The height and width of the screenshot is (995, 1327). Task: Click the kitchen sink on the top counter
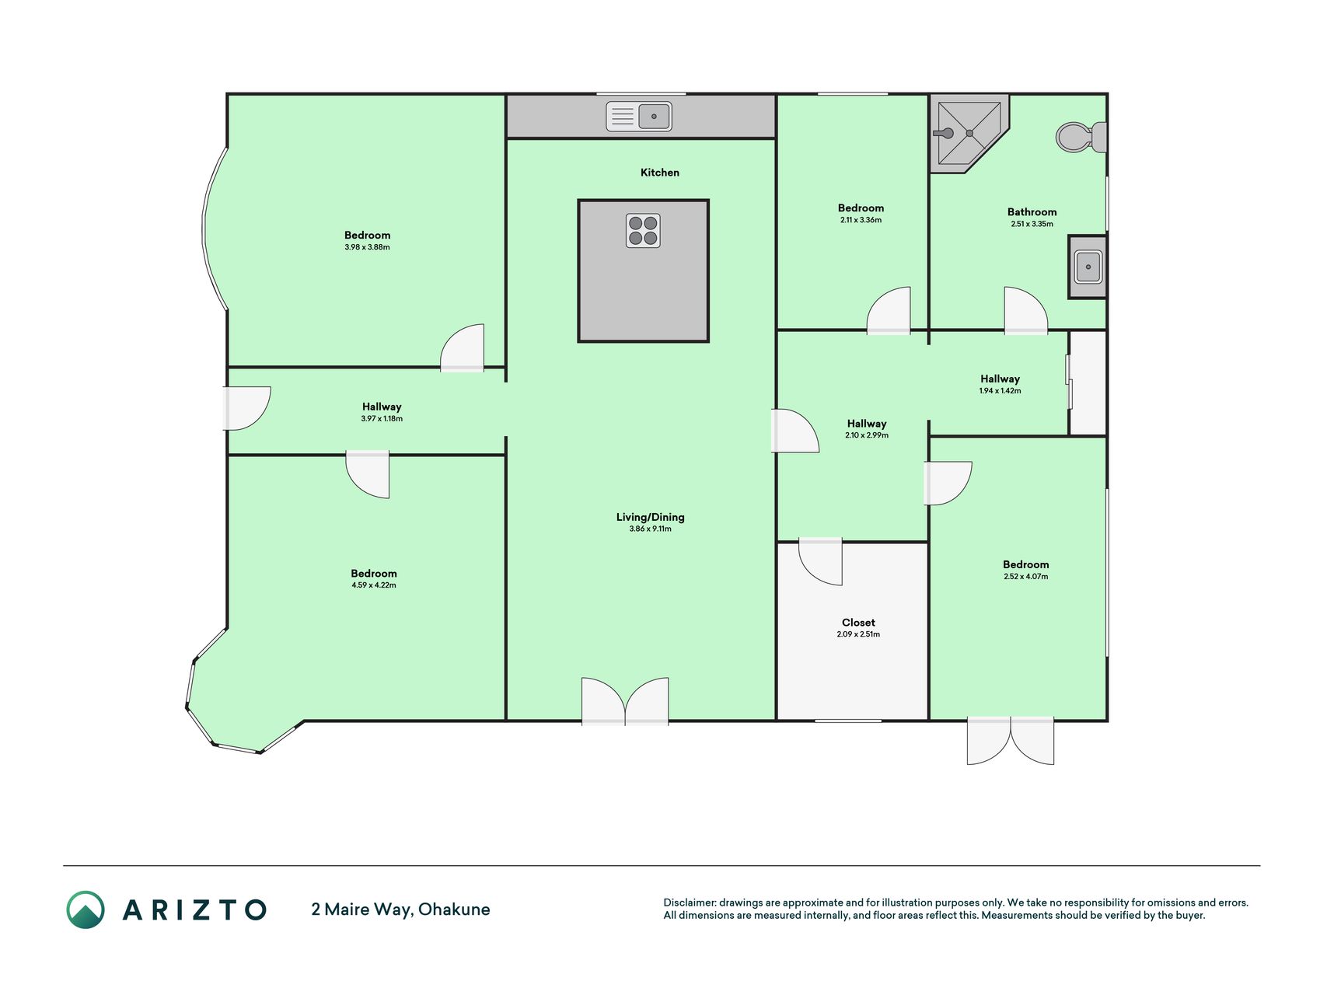639,117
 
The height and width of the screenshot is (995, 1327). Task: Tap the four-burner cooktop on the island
643,231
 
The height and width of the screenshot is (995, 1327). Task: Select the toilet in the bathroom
1081,137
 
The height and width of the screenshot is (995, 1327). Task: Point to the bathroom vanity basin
1088,267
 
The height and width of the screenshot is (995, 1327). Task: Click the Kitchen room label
660,173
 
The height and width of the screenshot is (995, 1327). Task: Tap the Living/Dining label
651,517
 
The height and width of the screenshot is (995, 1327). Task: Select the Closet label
858,623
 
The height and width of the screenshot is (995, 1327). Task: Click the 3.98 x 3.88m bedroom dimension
368,247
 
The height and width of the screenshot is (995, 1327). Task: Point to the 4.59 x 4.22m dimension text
374,585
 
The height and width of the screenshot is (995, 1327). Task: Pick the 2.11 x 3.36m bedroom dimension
861,220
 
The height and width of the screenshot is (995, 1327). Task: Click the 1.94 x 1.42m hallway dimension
1000,391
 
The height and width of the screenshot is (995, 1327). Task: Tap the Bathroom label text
1032,211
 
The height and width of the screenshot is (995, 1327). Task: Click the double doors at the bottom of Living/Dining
625,701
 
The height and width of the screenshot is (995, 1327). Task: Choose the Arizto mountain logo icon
86,909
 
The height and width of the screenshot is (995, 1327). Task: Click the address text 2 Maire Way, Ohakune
400,909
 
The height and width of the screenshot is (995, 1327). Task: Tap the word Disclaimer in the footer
690,902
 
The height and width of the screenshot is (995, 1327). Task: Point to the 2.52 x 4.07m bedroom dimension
1026,577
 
